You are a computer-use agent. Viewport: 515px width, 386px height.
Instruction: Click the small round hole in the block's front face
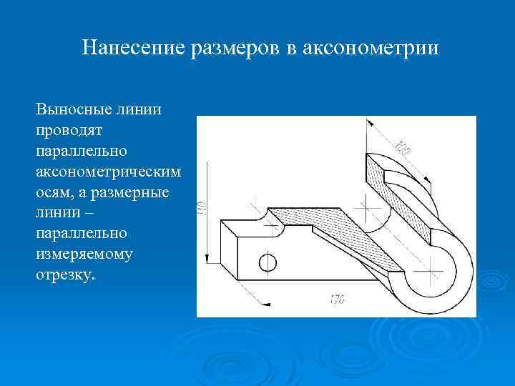pyautogui.click(x=268, y=262)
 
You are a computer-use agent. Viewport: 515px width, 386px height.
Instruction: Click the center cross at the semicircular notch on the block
pyautogui.click(x=272, y=222)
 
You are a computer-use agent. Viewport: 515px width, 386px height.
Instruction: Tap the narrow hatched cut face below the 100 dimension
pyautogui.click(x=401, y=194)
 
